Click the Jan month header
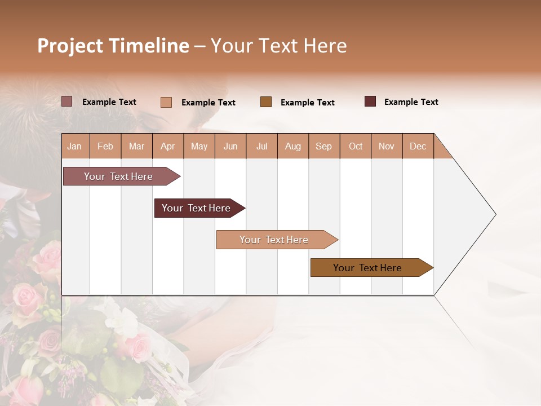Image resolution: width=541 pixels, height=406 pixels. (x=74, y=147)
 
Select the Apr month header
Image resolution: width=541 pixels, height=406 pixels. (x=167, y=147)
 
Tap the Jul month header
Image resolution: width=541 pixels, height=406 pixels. (x=261, y=147)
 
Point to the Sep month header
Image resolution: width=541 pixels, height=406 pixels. (x=323, y=147)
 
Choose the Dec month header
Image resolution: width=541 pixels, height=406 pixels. (x=418, y=147)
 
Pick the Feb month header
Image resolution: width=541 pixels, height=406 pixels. (x=105, y=147)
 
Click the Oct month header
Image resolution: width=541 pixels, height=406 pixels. (x=355, y=147)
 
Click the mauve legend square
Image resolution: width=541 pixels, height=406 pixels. (x=67, y=101)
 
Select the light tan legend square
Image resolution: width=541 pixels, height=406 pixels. (x=166, y=102)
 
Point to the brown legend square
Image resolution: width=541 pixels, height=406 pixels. (x=266, y=102)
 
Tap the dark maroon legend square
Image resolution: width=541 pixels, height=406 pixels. (x=370, y=101)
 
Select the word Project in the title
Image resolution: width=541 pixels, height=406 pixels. (x=69, y=46)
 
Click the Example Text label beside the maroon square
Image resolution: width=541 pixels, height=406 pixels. (x=411, y=102)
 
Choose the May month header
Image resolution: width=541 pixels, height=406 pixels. (x=199, y=147)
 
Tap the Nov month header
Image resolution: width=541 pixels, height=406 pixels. (x=386, y=147)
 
